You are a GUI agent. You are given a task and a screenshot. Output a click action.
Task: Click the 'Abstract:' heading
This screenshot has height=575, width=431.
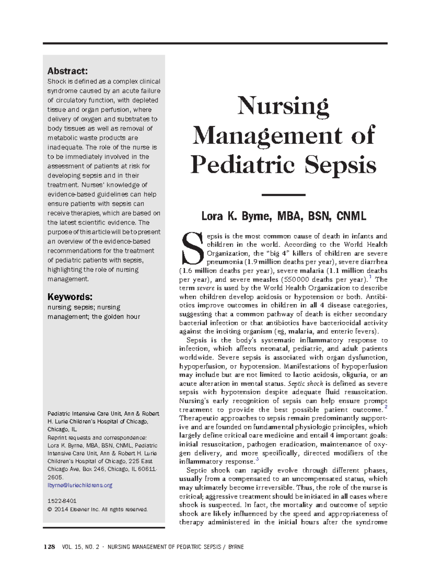[68, 71]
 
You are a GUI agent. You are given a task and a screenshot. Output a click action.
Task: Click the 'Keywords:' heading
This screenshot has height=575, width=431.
[70, 297]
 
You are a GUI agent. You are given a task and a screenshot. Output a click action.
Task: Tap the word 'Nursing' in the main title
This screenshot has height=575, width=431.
[283, 106]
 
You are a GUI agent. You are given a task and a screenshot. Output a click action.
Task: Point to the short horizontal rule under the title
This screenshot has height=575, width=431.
[283, 195]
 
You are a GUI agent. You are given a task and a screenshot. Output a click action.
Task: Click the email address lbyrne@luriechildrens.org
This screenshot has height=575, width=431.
[80, 485]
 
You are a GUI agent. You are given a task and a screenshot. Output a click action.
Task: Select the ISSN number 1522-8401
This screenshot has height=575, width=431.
[62, 501]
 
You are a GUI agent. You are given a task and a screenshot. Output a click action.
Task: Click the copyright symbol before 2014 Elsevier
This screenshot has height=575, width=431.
[50, 509]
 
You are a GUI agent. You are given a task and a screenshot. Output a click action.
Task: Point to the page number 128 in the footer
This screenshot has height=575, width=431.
[49, 547]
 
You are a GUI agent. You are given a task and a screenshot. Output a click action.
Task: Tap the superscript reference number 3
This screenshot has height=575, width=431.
[257, 459]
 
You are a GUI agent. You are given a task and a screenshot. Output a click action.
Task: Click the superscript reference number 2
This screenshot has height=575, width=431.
[386, 407]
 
